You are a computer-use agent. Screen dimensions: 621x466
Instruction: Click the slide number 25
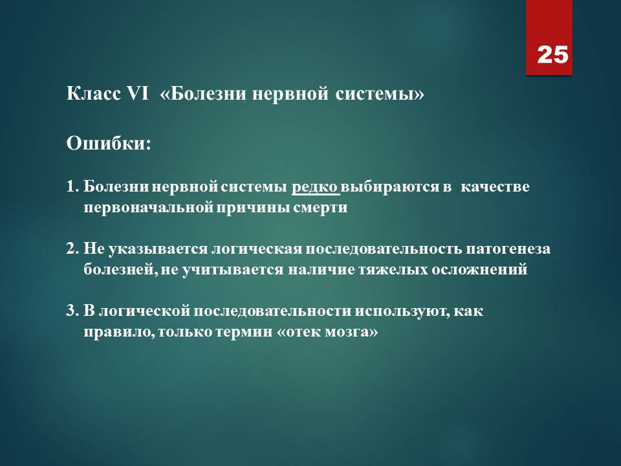[552, 54]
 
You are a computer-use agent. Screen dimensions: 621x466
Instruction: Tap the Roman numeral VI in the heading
[137, 94]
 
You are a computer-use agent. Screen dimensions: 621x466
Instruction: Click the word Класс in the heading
[94, 94]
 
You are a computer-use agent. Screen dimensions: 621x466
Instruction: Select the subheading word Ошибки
[105, 144]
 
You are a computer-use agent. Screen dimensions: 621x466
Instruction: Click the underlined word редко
[315, 186]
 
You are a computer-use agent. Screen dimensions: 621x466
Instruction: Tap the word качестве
[495, 186]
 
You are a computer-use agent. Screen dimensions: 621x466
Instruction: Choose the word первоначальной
[148, 207]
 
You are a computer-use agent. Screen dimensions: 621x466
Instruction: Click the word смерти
[320, 208]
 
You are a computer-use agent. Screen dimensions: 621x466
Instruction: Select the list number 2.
[72, 249]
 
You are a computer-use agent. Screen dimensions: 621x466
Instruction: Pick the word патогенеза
[508, 249]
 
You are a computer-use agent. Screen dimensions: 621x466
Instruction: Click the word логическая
[256, 249]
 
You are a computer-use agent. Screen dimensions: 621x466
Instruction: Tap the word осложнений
[479, 269]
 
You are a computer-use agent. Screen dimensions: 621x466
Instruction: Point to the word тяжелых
[393, 269]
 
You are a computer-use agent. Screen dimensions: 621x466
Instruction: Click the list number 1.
[72, 186]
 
